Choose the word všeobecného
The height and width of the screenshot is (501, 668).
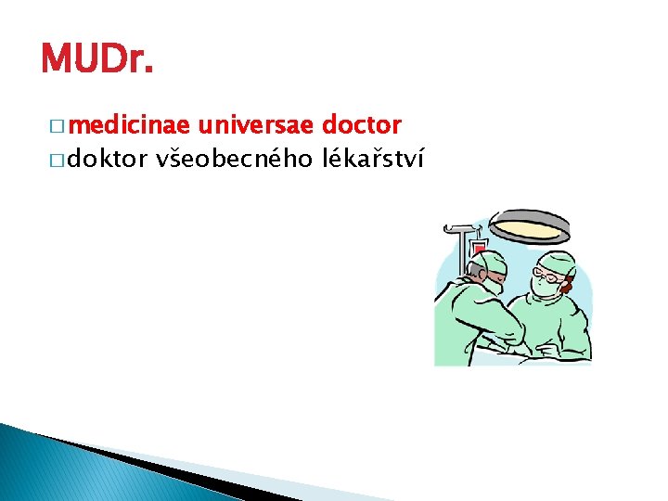click(x=234, y=160)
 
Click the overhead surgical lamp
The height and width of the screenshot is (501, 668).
click(x=530, y=225)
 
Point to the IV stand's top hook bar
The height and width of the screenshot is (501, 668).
click(x=460, y=226)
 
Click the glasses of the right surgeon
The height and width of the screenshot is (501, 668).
click(x=551, y=276)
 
